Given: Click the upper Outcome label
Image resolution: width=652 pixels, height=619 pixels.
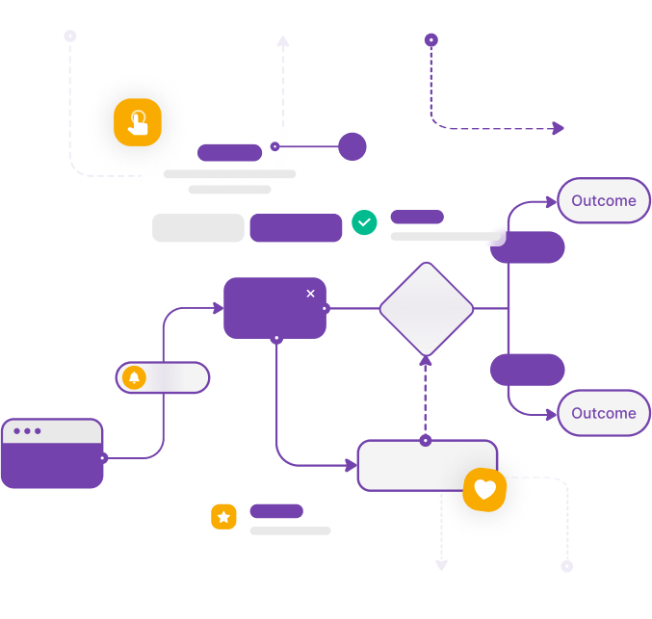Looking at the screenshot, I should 604,201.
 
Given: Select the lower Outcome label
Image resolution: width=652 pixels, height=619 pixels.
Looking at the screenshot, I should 604,413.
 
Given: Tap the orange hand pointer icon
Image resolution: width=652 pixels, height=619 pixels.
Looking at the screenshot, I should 138,122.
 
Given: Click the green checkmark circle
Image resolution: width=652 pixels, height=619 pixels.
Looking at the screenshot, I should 364,222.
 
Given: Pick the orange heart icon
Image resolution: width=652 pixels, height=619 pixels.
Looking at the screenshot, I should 484,490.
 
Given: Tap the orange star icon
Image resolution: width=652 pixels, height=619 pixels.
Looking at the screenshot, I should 223,517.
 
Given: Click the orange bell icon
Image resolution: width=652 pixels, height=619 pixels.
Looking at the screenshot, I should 134,377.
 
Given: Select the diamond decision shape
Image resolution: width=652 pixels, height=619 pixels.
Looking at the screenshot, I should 426,309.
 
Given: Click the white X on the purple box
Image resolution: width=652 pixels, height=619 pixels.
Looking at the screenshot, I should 310,293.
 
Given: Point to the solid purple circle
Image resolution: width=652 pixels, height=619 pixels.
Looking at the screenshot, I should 352,146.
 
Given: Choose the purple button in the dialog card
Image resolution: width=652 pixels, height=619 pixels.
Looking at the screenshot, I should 296,228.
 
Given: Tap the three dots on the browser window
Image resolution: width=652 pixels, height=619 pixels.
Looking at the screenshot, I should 27,430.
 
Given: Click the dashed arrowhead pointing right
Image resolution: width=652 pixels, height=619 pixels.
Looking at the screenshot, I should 559,128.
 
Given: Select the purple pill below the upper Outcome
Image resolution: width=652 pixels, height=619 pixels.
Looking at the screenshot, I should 528,247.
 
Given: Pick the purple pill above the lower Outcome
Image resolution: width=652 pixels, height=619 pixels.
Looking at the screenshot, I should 528,370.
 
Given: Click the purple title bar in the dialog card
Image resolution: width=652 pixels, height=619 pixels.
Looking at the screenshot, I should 229,152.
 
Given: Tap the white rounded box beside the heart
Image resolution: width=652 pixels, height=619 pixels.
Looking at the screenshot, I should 414,466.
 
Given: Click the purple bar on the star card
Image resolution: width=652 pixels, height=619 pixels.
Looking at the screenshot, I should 276,511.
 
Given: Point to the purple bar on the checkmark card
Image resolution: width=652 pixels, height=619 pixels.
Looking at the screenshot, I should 417,217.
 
